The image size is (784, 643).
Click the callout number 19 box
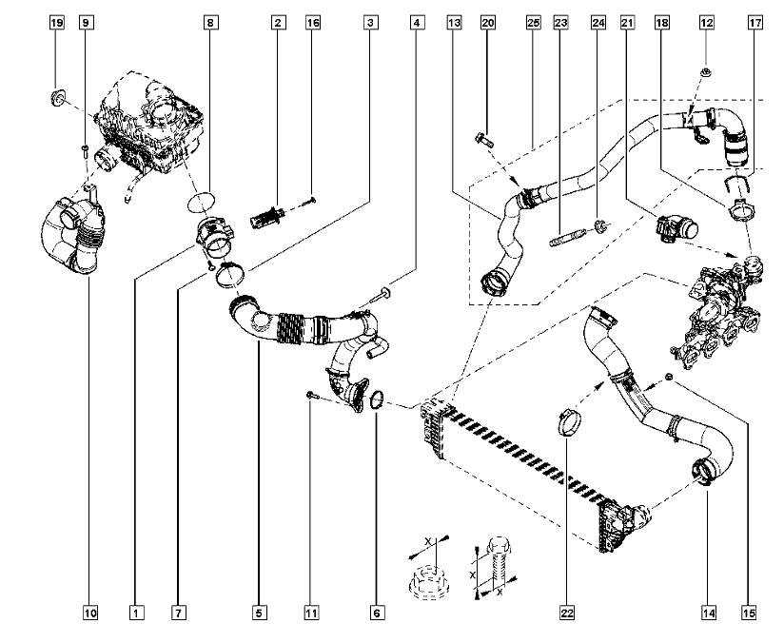[x=57, y=23]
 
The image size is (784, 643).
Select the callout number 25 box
[x=534, y=23]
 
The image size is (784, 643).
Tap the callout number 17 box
[x=755, y=23]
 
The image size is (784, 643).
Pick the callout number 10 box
[x=90, y=613]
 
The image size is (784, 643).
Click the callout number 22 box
[x=567, y=613]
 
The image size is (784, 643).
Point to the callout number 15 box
[x=749, y=613]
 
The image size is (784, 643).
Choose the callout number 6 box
[x=377, y=613]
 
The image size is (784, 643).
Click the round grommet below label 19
[x=58, y=98]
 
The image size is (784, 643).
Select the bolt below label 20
[x=483, y=139]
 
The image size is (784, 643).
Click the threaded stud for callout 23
[x=567, y=237]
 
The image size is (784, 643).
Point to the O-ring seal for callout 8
[x=201, y=203]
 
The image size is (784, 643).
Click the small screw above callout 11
[x=312, y=396]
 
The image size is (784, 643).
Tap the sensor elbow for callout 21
[x=676, y=229]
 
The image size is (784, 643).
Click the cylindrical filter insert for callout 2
[x=268, y=219]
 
